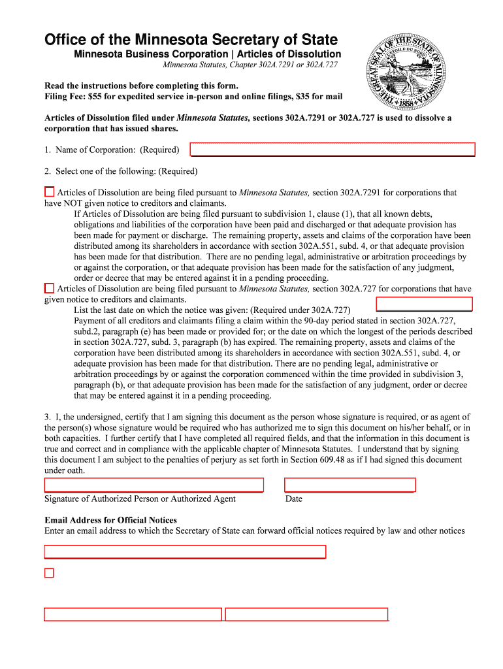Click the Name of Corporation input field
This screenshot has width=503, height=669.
(333, 150)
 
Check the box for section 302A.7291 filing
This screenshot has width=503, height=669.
(49, 192)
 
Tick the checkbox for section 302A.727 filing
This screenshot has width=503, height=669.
(49, 288)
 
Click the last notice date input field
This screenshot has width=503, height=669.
(424, 303)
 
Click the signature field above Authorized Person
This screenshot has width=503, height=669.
(154, 485)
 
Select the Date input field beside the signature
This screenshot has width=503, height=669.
(349, 485)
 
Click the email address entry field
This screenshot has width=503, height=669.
(184, 551)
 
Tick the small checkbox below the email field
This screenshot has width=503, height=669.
(49, 573)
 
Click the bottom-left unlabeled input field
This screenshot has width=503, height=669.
(133, 614)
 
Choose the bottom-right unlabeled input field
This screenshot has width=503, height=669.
(306, 614)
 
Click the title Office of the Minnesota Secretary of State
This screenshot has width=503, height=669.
(191, 40)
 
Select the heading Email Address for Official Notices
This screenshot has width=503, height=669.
(110, 520)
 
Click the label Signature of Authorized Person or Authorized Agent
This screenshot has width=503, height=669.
(140, 499)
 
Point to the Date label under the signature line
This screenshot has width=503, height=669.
(294, 499)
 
